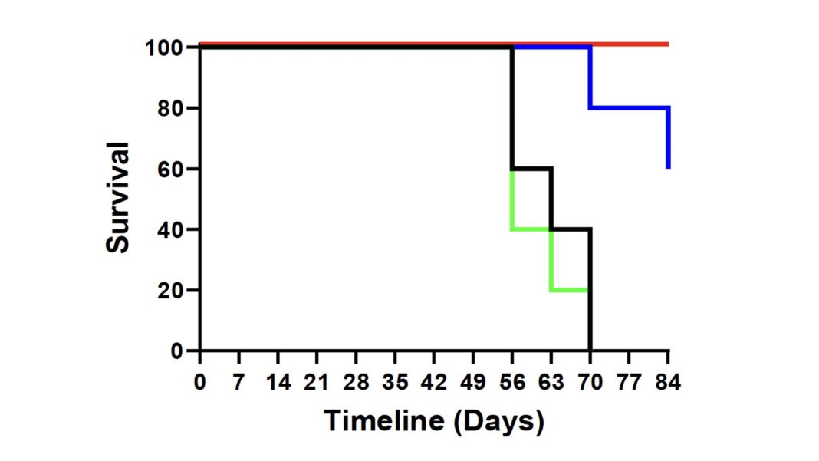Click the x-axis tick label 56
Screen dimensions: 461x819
pyautogui.click(x=511, y=382)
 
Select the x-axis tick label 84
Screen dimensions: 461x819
pyautogui.click(x=668, y=382)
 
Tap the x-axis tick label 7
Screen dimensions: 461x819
pyautogui.click(x=239, y=382)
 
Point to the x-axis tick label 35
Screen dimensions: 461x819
pyautogui.click(x=395, y=382)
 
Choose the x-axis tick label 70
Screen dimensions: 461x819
pyautogui.click(x=590, y=382)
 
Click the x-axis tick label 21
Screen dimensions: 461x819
pyautogui.click(x=317, y=382)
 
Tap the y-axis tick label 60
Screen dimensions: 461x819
pyautogui.click(x=172, y=169)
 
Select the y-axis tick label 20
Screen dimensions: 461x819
pyautogui.click(x=172, y=291)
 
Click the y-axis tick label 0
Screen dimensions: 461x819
pyautogui.click(x=179, y=351)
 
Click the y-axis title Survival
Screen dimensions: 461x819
pyautogui.click(x=118, y=198)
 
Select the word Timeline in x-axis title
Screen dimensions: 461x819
pyautogui.click(x=380, y=421)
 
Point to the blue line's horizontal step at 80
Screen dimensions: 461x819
pyautogui.click(x=629, y=107)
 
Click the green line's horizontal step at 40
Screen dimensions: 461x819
pyautogui.click(x=531, y=229)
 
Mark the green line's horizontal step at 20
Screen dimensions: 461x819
pyautogui.click(x=570, y=290)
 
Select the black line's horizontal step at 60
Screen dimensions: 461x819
pyautogui.click(x=531, y=169)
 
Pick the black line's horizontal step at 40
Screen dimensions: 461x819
pyautogui.click(x=571, y=229)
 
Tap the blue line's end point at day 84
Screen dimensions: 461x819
pyautogui.click(x=669, y=166)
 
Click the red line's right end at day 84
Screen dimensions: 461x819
pyautogui.click(x=667, y=44)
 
